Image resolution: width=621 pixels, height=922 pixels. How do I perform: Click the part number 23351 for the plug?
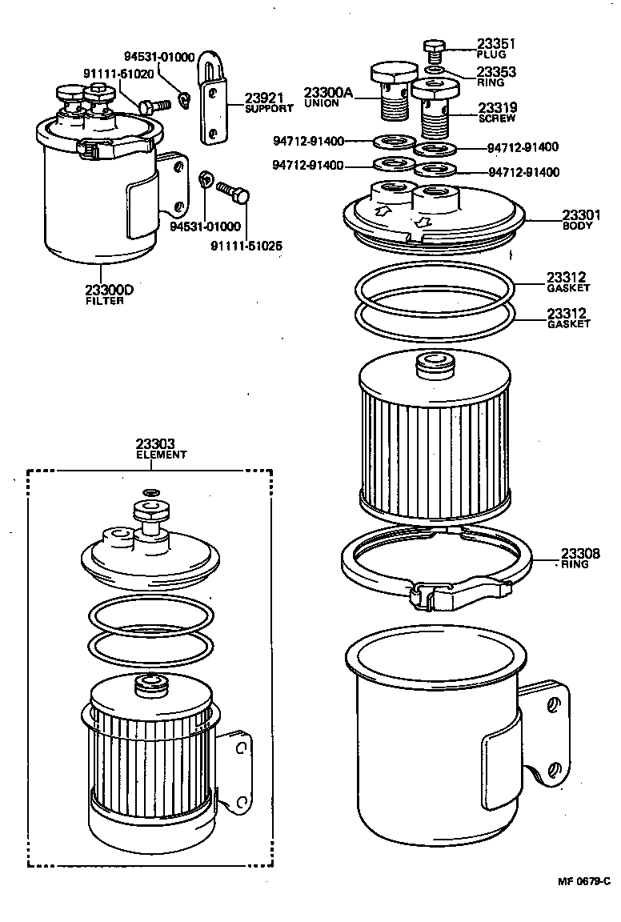click(497, 44)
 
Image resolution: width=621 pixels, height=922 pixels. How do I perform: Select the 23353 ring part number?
click(497, 72)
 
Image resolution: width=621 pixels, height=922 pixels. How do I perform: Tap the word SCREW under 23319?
click(496, 118)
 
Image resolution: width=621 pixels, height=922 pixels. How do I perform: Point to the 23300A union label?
click(328, 94)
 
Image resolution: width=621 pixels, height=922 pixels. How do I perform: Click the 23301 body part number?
click(581, 214)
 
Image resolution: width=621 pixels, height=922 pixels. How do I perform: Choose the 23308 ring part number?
click(580, 554)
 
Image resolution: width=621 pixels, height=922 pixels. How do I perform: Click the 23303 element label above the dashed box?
click(154, 443)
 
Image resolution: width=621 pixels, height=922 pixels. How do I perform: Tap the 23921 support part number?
click(264, 98)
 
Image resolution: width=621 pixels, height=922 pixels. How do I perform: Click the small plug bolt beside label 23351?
click(434, 50)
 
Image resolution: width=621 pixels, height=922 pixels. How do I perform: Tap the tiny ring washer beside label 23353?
click(433, 71)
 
